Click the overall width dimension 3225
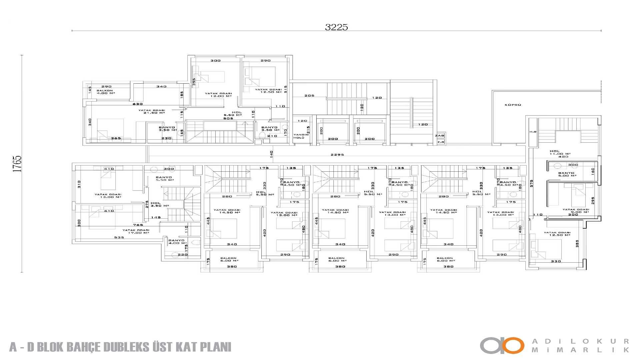point(336,27)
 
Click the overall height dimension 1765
point(17,163)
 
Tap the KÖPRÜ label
point(513,105)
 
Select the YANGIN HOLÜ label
point(301,136)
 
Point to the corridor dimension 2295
point(337,155)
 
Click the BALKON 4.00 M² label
point(105,92)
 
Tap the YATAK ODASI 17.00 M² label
point(136,231)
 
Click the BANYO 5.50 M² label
point(164,179)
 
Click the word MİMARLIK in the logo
point(580,350)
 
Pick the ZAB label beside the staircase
point(440,136)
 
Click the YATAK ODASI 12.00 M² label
point(218,95)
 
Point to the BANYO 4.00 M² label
point(177,242)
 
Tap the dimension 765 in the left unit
point(138,225)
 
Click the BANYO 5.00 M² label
point(566,174)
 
